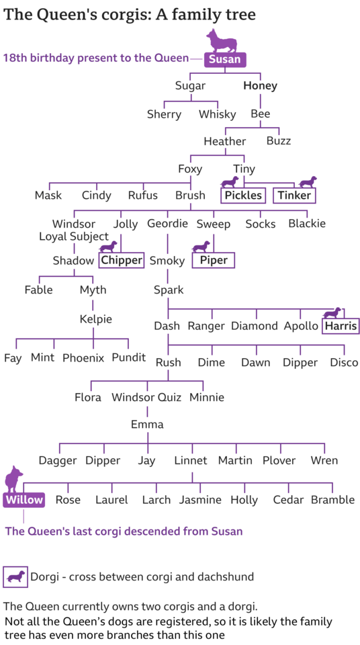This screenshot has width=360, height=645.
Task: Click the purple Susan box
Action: pyautogui.click(x=224, y=59)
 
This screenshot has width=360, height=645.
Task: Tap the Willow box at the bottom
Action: pyautogui.click(x=24, y=500)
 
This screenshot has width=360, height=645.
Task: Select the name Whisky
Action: pyautogui.click(x=217, y=114)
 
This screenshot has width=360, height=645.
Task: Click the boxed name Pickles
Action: pyautogui.click(x=243, y=195)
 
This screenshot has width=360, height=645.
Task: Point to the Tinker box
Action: pyautogui.click(x=295, y=195)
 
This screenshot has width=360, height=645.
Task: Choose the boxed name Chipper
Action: pyautogui.click(x=122, y=260)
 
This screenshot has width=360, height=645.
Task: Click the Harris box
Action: pyautogui.click(x=341, y=327)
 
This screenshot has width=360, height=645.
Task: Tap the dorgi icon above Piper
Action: pyautogui.click(x=201, y=247)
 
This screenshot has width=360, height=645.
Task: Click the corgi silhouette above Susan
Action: pyautogui.click(x=222, y=40)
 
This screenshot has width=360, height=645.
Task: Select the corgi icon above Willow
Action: pyautogui.click(x=13, y=479)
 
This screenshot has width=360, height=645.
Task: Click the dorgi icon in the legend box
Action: pyautogui.click(x=15, y=576)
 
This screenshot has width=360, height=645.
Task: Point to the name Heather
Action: pyautogui.click(x=224, y=142)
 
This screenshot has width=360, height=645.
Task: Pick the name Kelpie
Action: pyautogui.click(x=96, y=319)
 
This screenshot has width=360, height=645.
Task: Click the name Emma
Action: pyautogui.click(x=147, y=424)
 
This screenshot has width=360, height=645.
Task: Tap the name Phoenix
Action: pyautogui.click(x=83, y=358)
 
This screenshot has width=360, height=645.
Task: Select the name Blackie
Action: pyautogui.click(x=307, y=223)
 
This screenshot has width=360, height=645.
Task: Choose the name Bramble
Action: pyautogui.click(x=332, y=500)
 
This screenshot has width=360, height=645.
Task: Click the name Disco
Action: pyautogui.click(x=344, y=362)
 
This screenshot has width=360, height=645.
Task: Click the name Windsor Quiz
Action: pyautogui.click(x=147, y=397)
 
